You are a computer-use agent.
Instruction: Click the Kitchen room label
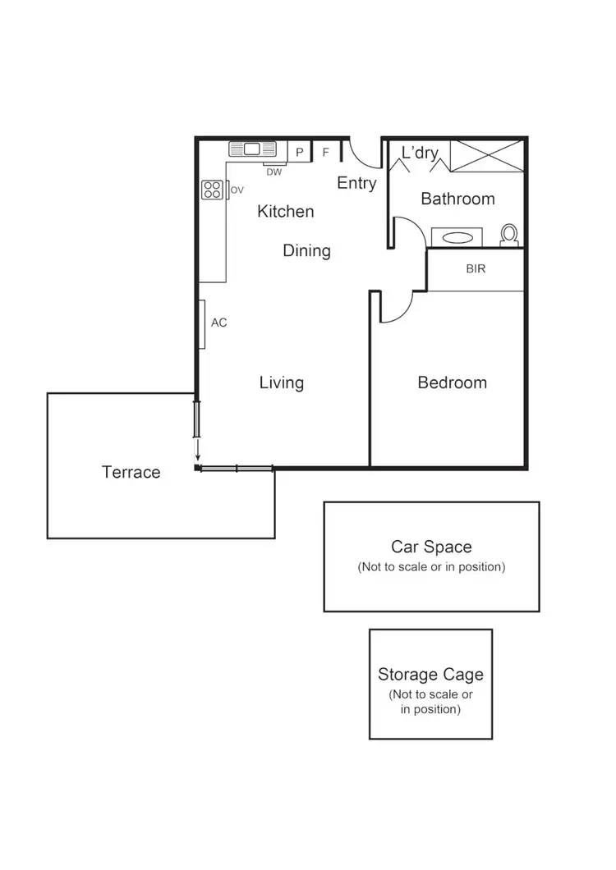pyautogui.click(x=286, y=211)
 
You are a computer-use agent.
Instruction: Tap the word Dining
pyautogui.click(x=306, y=250)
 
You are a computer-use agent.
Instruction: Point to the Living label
pyautogui.click(x=282, y=382)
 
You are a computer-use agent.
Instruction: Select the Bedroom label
pyautogui.click(x=452, y=382)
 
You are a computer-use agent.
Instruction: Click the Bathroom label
pyautogui.click(x=457, y=199)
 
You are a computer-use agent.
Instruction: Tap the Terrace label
pyautogui.click(x=131, y=472)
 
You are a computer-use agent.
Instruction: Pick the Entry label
pyautogui.click(x=356, y=183)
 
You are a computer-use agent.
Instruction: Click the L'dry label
pyautogui.click(x=420, y=153)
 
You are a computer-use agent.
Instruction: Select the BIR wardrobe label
pyautogui.click(x=476, y=268)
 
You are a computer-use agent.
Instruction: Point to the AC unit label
pyautogui.click(x=218, y=323)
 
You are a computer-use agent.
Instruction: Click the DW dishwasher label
pyautogui.click(x=274, y=172)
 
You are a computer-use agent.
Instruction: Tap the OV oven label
pyautogui.click(x=237, y=190)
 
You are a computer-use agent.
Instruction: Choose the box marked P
pyautogui.click(x=300, y=152)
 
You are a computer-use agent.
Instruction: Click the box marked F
pyautogui.click(x=325, y=152)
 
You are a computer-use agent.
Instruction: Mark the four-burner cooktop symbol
pyautogui.click(x=212, y=190)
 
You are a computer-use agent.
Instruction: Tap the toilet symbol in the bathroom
pyautogui.click(x=509, y=235)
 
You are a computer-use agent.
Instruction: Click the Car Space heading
pyautogui.click(x=431, y=547)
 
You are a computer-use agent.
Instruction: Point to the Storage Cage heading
pyautogui.click(x=430, y=675)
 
